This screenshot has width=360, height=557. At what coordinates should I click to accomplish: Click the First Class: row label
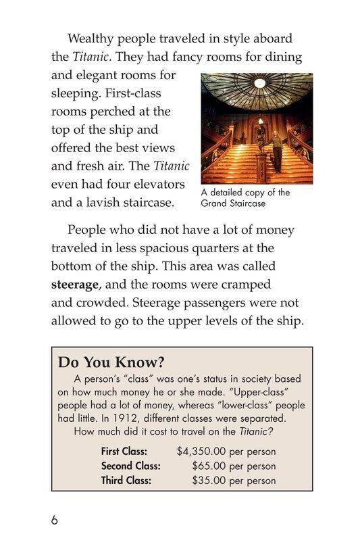[x=128, y=452]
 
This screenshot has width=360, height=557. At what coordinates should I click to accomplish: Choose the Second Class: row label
[x=130, y=466]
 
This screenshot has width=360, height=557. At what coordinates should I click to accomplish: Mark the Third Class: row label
[x=126, y=481]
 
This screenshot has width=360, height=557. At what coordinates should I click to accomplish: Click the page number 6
[x=54, y=521]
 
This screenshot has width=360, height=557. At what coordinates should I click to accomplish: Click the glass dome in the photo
[x=257, y=91]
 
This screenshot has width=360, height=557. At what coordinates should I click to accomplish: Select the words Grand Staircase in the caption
[x=233, y=203]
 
